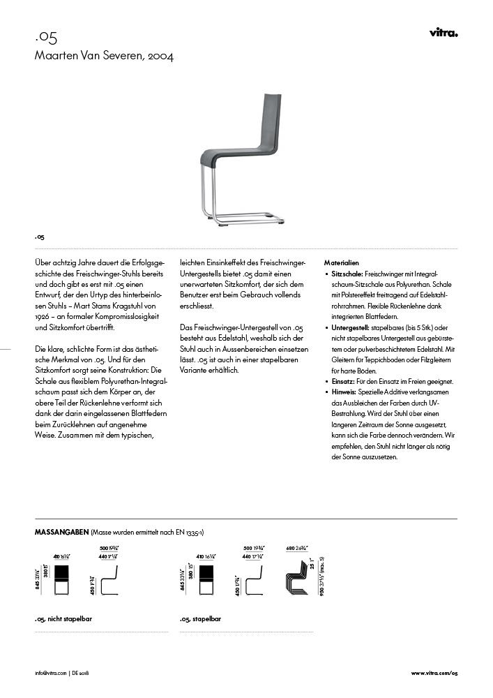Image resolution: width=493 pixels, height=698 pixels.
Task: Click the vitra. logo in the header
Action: [x=443, y=33]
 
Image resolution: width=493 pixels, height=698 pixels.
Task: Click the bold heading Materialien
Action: [x=342, y=262]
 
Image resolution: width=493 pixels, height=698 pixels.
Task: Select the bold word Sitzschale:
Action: [x=347, y=275]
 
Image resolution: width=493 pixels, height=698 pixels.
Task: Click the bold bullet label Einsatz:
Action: [x=344, y=381]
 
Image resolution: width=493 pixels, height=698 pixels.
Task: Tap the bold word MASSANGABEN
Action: [x=61, y=532]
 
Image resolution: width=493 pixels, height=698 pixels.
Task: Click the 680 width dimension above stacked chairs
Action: [x=295, y=549]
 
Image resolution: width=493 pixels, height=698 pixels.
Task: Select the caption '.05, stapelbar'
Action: [x=202, y=618]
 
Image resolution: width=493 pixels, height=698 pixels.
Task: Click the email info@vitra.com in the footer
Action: [x=51, y=673]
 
